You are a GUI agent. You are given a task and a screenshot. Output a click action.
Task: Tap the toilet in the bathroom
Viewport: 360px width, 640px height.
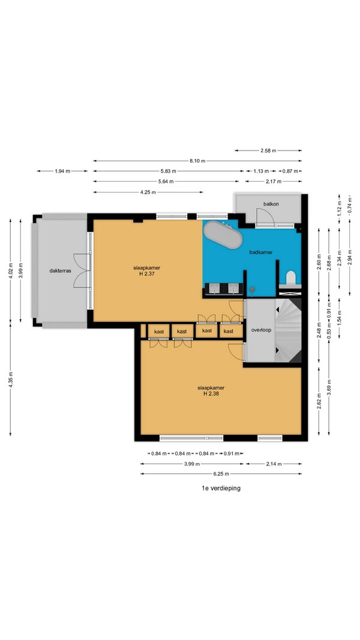coord(290,278)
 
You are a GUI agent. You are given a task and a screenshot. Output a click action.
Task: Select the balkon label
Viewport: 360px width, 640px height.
coord(271,204)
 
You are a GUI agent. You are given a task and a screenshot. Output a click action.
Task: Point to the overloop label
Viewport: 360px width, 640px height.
coord(262,330)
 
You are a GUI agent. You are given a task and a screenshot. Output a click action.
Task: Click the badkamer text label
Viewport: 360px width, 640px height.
coord(261,253)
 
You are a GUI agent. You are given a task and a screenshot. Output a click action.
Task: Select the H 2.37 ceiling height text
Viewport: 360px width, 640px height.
coord(146,274)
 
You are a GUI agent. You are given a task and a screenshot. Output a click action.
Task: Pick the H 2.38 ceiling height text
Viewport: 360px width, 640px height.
coord(211,394)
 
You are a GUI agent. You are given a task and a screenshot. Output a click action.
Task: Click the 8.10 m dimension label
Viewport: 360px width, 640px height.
coord(197,161)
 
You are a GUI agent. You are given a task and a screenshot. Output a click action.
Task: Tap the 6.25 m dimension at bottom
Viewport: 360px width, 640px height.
coord(221,474)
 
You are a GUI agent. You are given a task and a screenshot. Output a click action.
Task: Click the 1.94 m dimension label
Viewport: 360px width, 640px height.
coord(62,171)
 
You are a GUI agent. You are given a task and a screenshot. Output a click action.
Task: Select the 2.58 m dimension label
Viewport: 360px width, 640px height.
coord(268,151)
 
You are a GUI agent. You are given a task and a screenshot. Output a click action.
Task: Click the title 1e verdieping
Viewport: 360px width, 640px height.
coord(221,488)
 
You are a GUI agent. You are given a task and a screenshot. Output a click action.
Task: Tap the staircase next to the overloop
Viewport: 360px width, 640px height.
coord(288,330)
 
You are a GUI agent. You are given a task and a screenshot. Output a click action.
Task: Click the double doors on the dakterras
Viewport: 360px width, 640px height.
coord(82,270)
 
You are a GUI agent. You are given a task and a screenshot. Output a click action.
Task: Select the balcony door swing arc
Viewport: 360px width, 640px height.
coord(260,215)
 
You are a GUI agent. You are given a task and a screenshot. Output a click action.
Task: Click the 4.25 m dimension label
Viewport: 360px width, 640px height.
coord(148,192)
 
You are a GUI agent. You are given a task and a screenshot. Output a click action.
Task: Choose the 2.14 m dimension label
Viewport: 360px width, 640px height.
coord(274,464)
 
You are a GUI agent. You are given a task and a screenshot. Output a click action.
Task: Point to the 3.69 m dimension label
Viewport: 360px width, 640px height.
coord(329,387)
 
